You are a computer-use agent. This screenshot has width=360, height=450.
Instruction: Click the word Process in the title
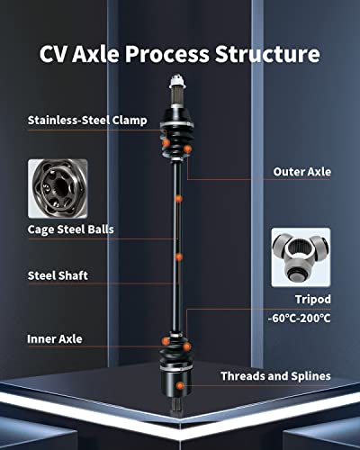tap(166, 54)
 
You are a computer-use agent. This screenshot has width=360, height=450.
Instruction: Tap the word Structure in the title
tap(267, 54)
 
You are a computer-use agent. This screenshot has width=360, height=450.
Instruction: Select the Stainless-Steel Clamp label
tap(87, 121)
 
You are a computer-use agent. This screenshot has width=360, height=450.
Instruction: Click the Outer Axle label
tap(302, 172)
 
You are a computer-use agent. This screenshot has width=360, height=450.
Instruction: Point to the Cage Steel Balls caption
tap(71, 229)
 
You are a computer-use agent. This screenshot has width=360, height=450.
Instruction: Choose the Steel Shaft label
tap(58, 275)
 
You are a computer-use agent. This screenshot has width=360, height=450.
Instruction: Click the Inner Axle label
tap(55, 339)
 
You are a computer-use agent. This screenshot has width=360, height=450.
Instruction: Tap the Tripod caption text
tap(313, 300)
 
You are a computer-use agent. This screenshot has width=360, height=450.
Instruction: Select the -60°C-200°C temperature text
tap(299, 319)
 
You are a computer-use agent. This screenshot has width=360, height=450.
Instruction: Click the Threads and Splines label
tap(275, 376)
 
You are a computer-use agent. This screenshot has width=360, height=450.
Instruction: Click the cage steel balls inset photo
tap(58, 189)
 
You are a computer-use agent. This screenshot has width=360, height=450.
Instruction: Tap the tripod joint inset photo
tap(301, 257)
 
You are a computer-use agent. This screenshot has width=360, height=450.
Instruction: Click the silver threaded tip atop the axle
tap(177, 82)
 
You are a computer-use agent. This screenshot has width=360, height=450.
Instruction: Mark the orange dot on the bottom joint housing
tap(180, 386)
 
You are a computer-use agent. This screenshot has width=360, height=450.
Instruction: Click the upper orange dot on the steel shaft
tap(178, 199)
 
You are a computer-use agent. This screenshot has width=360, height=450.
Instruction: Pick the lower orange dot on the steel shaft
tap(179, 257)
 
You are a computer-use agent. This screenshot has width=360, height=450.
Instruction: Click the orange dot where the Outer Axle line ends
tap(187, 148)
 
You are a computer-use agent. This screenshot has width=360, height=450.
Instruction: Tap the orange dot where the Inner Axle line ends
tap(166, 341)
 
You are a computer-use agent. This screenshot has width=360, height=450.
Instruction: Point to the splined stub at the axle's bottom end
tap(175, 407)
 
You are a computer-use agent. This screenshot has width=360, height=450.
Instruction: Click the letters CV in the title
tap(52, 54)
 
